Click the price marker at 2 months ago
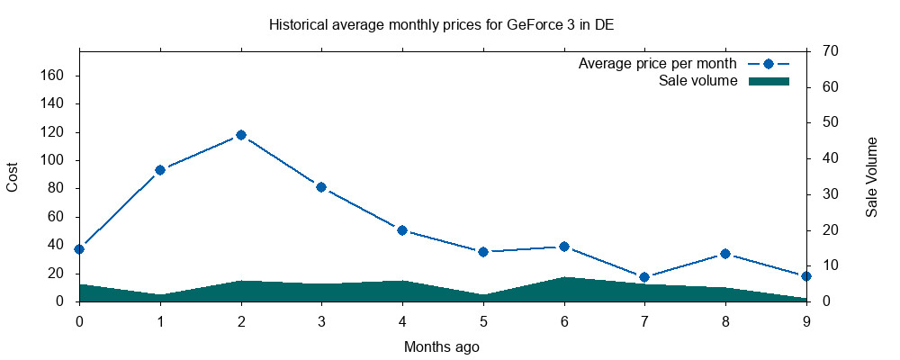[x=241, y=135]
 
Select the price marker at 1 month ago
[x=160, y=170]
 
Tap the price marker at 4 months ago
[x=402, y=230]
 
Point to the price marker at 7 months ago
[x=644, y=277]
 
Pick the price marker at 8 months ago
[x=725, y=254]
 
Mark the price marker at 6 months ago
[x=564, y=247]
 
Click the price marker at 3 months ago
[x=321, y=187]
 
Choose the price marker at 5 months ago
[x=483, y=252]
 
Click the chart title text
[x=441, y=24]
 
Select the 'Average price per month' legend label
[x=658, y=64]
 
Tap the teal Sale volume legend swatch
[x=769, y=81]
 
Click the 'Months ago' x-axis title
[x=442, y=346]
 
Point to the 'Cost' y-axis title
[x=13, y=176]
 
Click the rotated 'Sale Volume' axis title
[x=871, y=177]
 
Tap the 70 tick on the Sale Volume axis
[x=826, y=51]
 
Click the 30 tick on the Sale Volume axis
[x=826, y=194]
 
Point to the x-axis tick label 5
[x=483, y=320]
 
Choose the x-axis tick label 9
[x=806, y=320]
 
